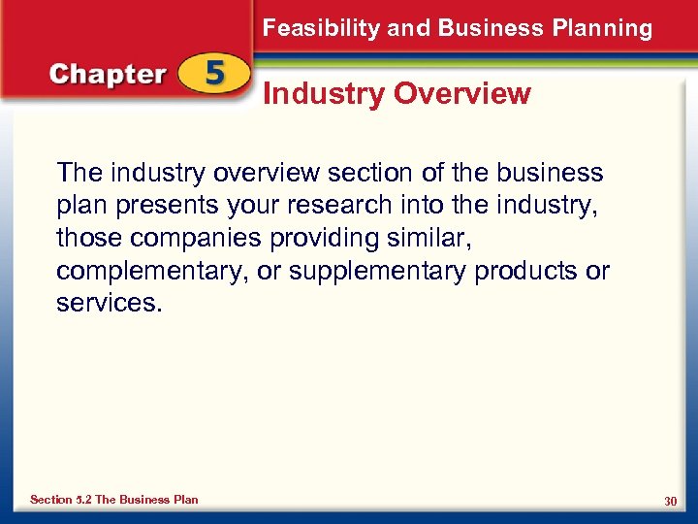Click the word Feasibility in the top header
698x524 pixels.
(321, 28)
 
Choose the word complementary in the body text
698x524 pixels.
(152, 271)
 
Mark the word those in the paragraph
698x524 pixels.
(86, 238)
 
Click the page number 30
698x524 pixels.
(670, 501)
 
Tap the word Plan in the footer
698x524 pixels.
(185, 500)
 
